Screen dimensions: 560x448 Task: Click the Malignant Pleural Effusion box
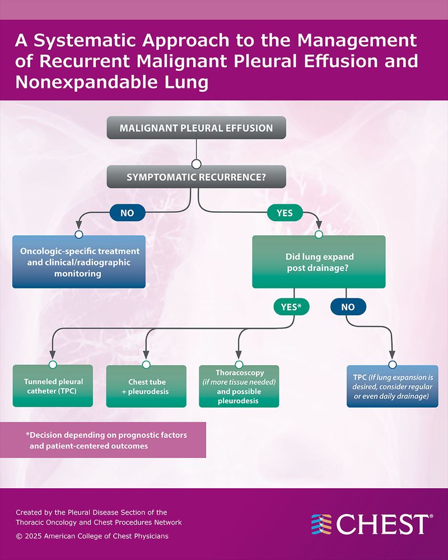coord(196,128)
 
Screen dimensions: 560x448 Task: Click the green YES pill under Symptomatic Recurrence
coord(284,213)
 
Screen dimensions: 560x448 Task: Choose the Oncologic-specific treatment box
coord(80,263)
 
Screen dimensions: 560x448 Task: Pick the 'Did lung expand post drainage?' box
coord(318,262)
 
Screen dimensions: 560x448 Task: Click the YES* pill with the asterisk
coord(291,306)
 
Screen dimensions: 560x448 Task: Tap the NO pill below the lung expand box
coord(348,306)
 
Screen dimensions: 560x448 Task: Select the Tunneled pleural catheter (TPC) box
coord(53,386)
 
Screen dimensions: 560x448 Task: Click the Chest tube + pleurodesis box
coord(146,386)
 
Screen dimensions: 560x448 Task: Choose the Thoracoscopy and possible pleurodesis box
coord(239,387)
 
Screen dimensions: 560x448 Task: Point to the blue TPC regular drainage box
coord(392,387)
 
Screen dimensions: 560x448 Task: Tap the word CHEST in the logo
coord(384,524)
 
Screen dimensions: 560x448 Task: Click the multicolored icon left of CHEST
coord(321,524)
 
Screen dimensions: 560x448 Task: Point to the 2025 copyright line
coord(92,536)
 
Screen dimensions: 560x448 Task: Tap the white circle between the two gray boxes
coord(196,164)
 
